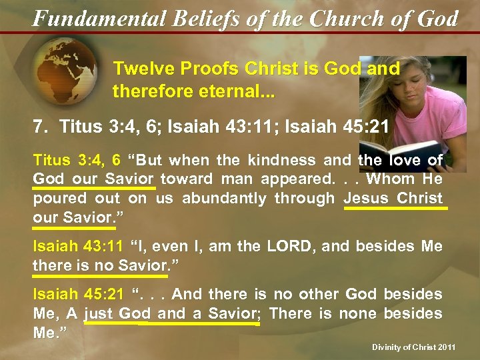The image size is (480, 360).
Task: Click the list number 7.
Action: click(x=38, y=125)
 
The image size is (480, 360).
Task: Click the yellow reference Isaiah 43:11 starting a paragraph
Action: click(x=78, y=247)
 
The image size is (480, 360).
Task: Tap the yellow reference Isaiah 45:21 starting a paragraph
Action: click(x=78, y=295)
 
